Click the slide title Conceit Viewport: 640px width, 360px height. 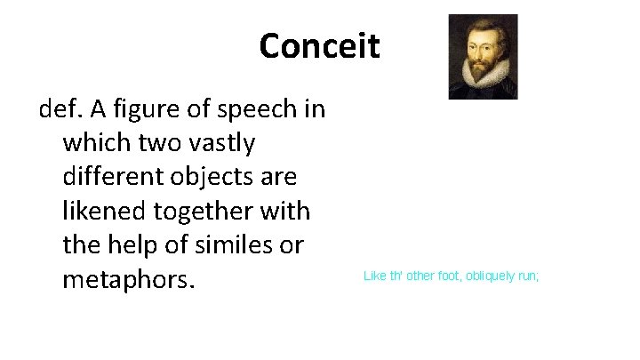(x=319, y=45)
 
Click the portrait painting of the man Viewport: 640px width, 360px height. (x=483, y=56)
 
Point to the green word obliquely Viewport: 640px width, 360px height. (x=482, y=276)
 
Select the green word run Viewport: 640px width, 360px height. (x=527, y=276)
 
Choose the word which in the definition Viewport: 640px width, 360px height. (x=98, y=142)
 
